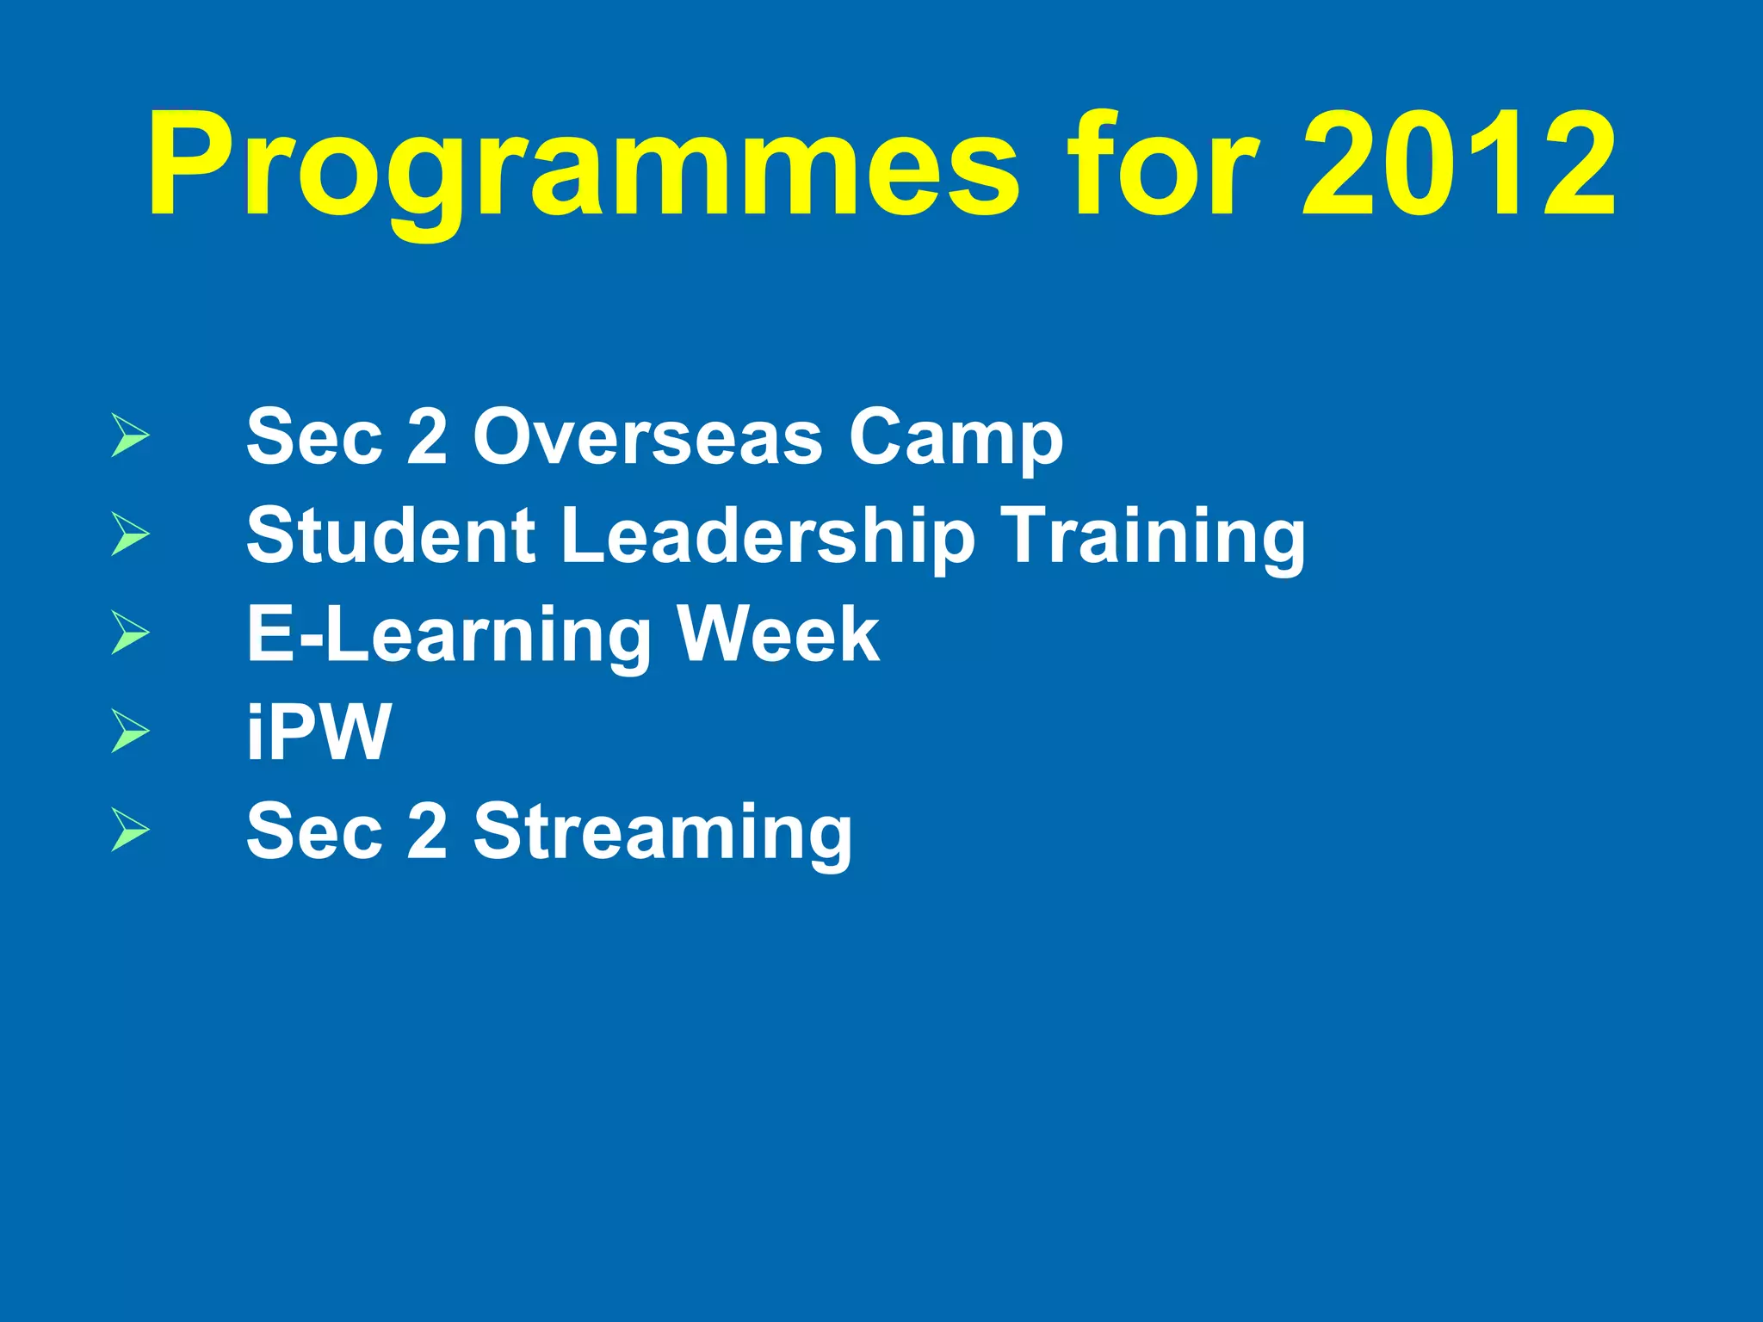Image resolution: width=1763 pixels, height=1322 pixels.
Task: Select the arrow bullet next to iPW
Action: click(x=130, y=732)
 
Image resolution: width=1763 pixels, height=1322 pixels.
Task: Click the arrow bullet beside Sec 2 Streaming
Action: click(x=130, y=831)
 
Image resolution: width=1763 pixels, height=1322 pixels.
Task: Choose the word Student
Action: click(x=391, y=535)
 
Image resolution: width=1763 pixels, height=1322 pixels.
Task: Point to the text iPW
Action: click(x=319, y=732)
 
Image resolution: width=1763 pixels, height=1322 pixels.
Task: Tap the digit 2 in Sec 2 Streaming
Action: click(x=427, y=831)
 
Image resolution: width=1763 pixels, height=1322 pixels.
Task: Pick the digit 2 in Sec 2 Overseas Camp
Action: click(x=427, y=437)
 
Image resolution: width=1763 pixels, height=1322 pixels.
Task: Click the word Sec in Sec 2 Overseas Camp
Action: click(x=313, y=437)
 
